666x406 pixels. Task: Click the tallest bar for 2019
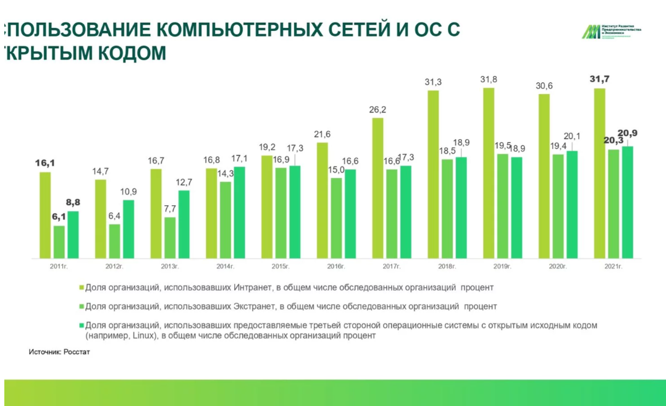[x=488, y=173]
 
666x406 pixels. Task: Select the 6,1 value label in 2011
[x=59, y=217]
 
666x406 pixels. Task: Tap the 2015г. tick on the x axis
[x=280, y=266]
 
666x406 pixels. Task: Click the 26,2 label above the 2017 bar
[x=377, y=110]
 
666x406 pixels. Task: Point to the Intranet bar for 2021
[x=599, y=173]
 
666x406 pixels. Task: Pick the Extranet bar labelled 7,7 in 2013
[x=170, y=238]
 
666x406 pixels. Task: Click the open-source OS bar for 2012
[x=129, y=229]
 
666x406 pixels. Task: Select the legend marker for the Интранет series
[x=80, y=287]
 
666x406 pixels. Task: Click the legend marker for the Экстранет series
[x=80, y=306]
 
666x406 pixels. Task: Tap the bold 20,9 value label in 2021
[x=628, y=134]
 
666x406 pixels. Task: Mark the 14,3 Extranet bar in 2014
[x=226, y=220]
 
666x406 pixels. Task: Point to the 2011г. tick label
[x=59, y=266]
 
